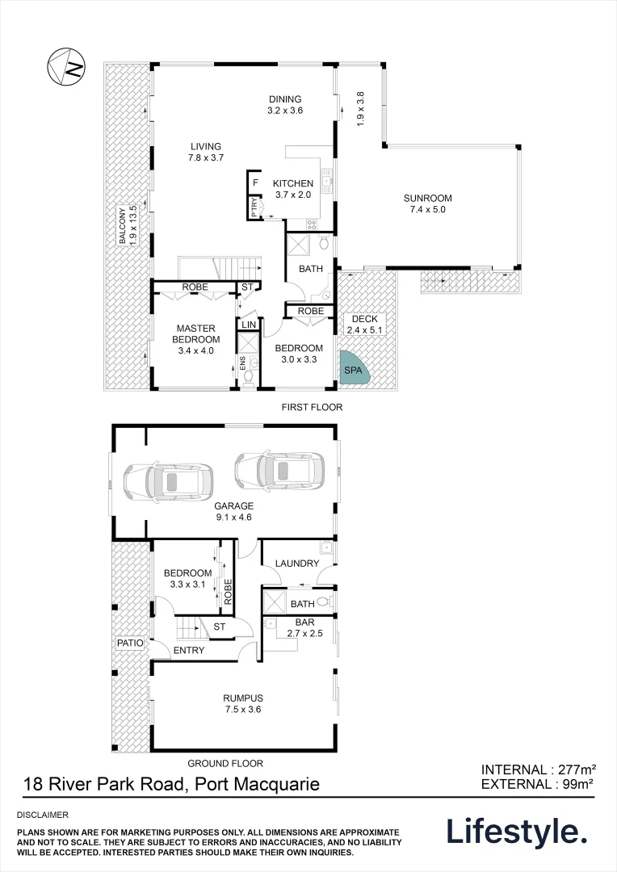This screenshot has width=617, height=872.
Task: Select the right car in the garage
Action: coord(279,471)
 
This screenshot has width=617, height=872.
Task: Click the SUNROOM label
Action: coord(427,198)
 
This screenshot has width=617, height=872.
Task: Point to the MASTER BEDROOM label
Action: coord(195,333)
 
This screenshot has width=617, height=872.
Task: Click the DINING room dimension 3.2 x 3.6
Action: coord(285,111)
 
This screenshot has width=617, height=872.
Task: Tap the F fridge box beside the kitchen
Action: coord(254,182)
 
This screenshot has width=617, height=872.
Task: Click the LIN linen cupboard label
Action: coord(249,324)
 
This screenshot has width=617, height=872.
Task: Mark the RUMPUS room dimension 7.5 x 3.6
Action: coord(243,710)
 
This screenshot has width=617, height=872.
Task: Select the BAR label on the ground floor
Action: coord(304,623)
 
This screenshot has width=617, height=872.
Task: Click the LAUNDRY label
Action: coord(296,564)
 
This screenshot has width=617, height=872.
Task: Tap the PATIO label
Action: coord(130,644)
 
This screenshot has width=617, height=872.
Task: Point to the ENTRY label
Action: coord(188,650)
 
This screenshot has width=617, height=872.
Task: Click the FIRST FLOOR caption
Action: coord(312,408)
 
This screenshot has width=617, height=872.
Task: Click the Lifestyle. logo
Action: coord(517,832)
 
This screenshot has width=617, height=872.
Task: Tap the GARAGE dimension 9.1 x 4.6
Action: coord(233,518)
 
